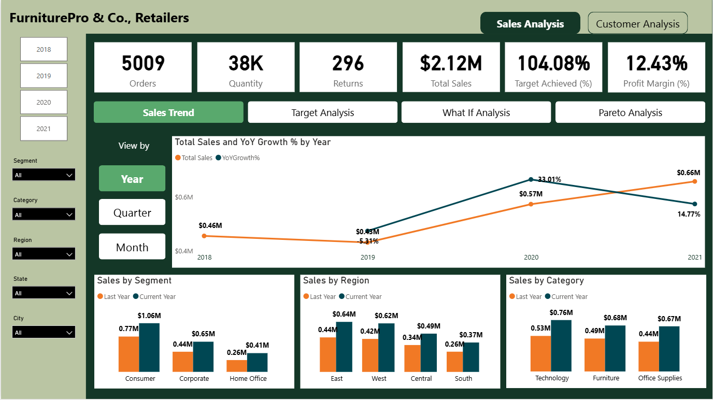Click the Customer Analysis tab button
[x=637, y=24]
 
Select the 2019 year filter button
[x=44, y=76]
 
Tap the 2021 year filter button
[x=44, y=128]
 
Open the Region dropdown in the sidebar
[x=44, y=254]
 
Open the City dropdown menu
[x=44, y=333]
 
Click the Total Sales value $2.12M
[x=451, y=63]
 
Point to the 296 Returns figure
[x=348, y=63]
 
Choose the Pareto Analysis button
[x=630, y=112]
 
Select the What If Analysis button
[x=476, y=112]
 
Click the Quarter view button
[x=132, y=212]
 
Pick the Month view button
[x=132, y=247]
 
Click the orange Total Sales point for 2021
[x=695, y=181]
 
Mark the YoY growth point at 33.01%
[x=531, y=179]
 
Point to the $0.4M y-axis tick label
[x=184, y=251]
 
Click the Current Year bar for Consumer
[x=149, y=347]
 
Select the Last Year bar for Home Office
[x=237, y=366]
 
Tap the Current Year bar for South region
[x=471, y=357]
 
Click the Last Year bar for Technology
[x=540, y=353]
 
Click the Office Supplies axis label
[x=660, y=378]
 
